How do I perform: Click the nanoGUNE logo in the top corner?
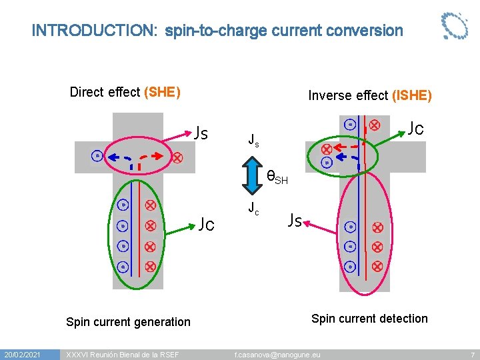tap(455, 26)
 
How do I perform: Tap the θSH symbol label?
tap(277, 177)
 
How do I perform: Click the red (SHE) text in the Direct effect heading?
tap(162, 92)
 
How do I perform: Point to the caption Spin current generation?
tap(128, 322)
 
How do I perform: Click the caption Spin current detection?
tap(369, 319)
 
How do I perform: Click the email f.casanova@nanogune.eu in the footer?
tap(277, 354)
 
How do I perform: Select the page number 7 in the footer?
tap(472, 354)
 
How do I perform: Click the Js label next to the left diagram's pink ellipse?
tap(201, 132)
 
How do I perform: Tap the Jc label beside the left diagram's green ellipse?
tap(206, 224)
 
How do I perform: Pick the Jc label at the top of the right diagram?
tap(416, 128)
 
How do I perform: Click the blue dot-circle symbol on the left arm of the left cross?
tap(97, 156)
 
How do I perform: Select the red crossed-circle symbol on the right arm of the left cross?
tap(177, 158)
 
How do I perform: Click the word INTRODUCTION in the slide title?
tap(94, 31)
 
